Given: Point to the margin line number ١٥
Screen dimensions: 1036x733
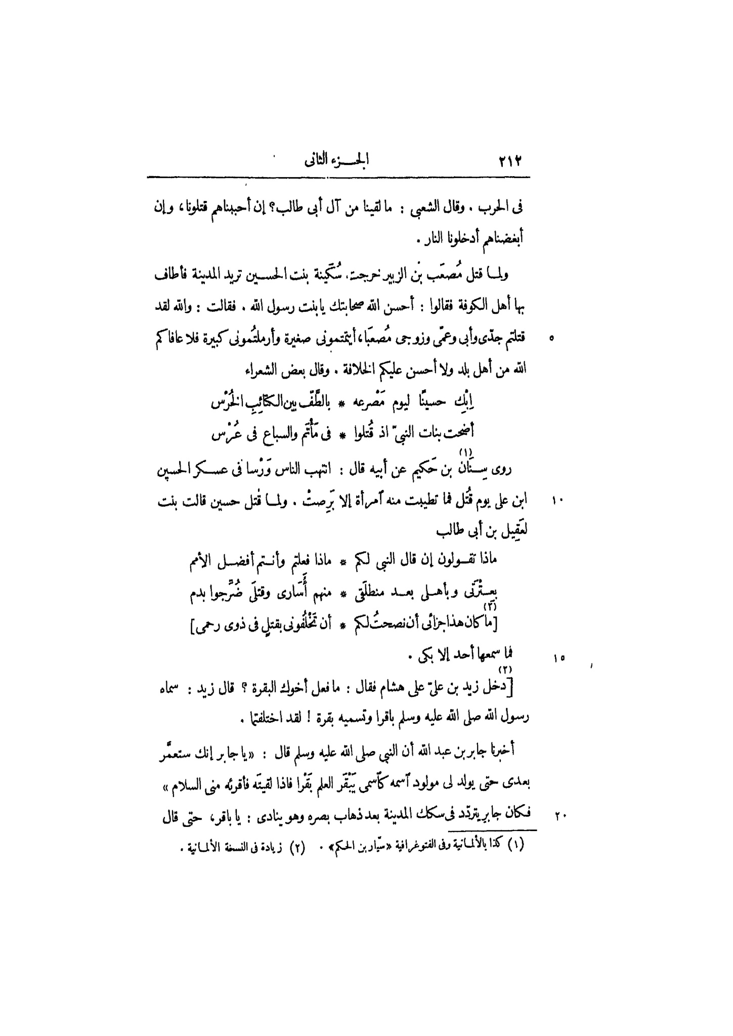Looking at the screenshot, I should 559,658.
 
